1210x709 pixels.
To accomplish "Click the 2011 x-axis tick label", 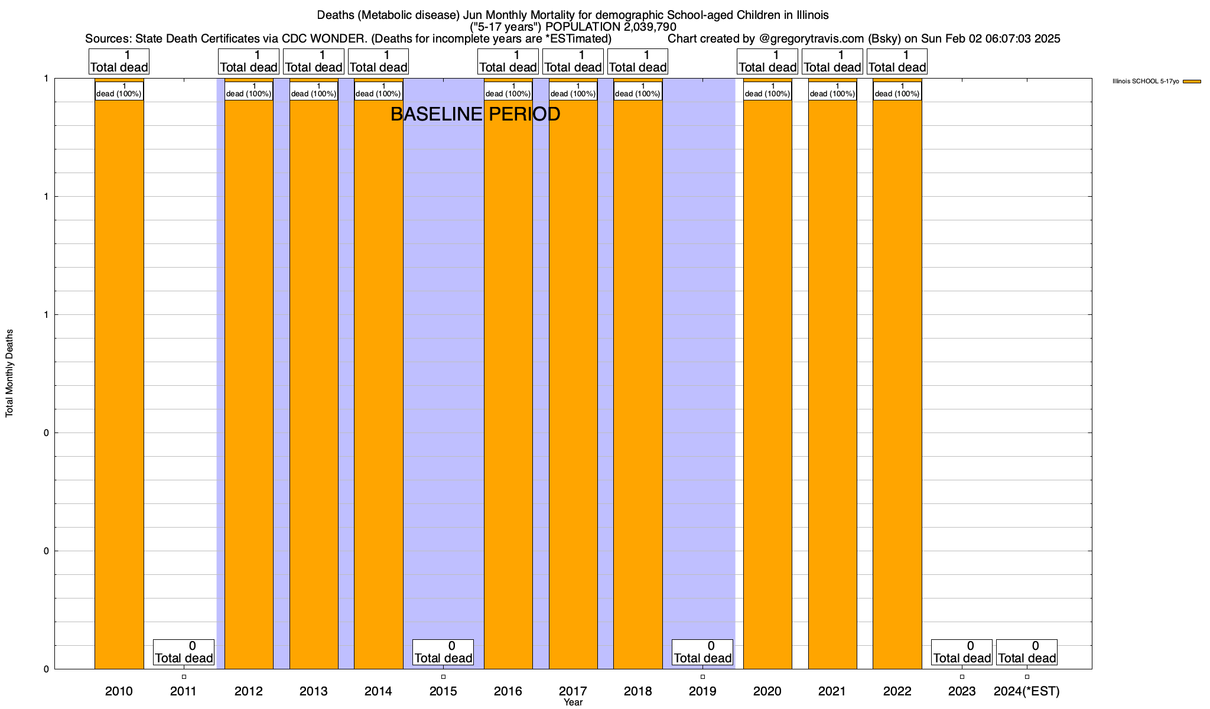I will (183, 691).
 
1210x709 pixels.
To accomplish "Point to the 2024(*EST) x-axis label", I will (1027, 691).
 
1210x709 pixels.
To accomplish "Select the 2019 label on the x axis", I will (702, 691).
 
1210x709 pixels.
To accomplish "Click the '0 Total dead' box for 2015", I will (443, 652).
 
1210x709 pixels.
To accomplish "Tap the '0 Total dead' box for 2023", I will (962, 652).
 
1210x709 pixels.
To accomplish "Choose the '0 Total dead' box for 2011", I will (184, 652).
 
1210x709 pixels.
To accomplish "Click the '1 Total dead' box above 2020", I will (767, 61).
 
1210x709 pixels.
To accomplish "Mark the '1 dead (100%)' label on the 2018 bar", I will (638, 90).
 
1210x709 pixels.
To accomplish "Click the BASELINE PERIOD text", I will (475, 114).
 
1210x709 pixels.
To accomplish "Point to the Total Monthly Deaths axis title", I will (9, 373).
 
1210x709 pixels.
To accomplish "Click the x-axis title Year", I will (573, 703).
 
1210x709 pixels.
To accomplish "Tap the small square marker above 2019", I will (702, 677).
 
